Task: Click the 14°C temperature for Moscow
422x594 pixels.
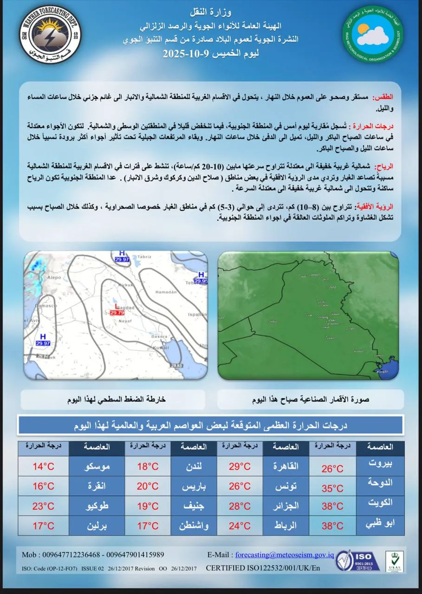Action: tap(44, 467)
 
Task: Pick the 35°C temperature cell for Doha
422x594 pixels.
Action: tap(332, 488)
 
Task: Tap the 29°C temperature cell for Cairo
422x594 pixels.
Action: tap(240, 467)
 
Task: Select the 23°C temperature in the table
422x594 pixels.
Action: tap(44, 506)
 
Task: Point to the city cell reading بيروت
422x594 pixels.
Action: tap(380, 464)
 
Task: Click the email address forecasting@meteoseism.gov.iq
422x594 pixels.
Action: tap(285, 555)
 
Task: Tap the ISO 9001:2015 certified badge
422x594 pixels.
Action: tap(357, 561)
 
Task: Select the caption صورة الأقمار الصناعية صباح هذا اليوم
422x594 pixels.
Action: tap(311, 400)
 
